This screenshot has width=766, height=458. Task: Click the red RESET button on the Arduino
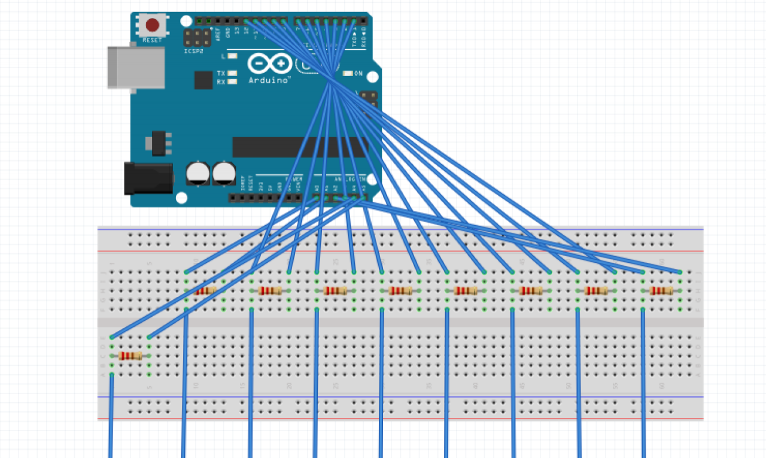coord(153,25)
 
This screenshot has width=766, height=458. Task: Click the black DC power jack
coord(148,178)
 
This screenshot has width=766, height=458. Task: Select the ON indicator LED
coord(348,74)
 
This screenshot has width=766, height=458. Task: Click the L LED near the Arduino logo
coord(232,56)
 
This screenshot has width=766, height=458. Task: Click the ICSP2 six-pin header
coord(197,39)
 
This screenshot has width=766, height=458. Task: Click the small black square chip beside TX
coord(203,80)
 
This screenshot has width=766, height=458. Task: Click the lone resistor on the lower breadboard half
coord(130,356)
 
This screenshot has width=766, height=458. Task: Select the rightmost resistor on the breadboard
coord(661,291)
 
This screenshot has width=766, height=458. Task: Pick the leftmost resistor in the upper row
coord(205,291)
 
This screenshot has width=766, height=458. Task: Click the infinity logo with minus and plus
coord(270,64)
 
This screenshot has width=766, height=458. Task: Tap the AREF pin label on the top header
coord(217,32)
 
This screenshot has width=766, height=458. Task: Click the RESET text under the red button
coord(152,40)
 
